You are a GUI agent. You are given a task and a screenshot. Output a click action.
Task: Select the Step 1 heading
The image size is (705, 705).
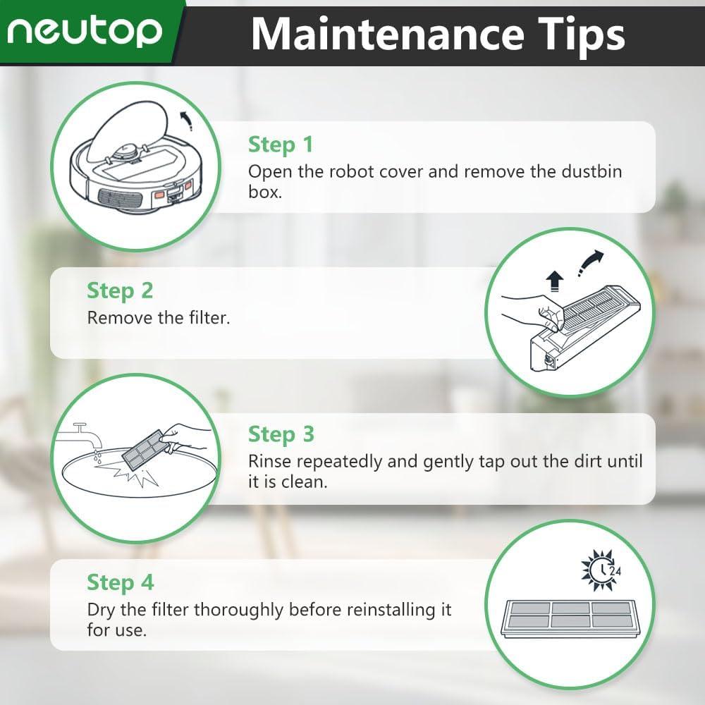[x=281, y=145]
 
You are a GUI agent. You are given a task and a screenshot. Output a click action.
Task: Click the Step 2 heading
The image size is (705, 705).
[x=120, y=291]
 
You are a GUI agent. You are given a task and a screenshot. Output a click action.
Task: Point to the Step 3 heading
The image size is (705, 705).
[x=281, y=435]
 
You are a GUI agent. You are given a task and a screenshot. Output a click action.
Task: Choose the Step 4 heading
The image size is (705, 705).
[x=121, y=582]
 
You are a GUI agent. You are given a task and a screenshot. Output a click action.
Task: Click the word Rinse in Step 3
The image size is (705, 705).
[x=269, y=461]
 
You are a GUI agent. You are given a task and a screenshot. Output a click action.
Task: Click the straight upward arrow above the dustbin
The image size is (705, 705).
[x=555, y=281]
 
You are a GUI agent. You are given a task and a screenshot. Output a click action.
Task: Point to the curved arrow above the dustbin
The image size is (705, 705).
[x=590, y=263]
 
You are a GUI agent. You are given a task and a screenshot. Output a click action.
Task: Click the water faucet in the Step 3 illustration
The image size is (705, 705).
[x=79, y=434]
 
